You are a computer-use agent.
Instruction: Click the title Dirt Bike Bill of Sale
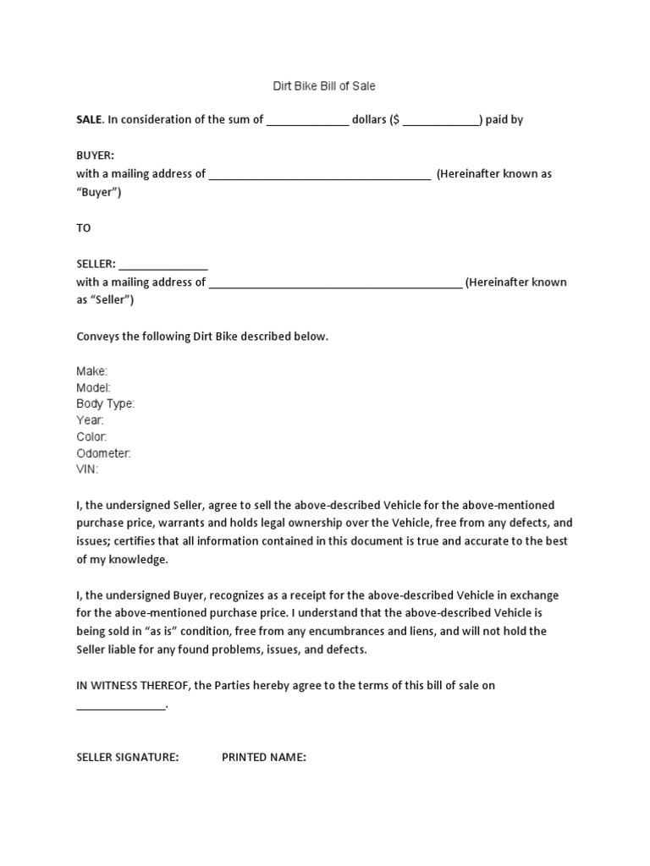coord(324,86)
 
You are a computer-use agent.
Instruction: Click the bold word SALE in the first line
coord(89,119)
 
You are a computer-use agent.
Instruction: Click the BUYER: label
coord(95,156)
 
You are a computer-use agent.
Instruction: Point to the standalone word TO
coord(84,228)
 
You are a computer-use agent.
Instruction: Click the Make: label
coord(91,371)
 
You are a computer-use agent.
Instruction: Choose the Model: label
coord(93,387)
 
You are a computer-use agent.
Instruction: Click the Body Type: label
coord(105,404)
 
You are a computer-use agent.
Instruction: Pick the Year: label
coord(90,420)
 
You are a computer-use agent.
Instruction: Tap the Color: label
coord(91,436)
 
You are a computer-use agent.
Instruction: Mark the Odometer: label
coord(103,453)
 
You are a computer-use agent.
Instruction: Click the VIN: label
coord(87,469)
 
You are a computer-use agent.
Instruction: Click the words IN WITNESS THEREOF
coord(133,686)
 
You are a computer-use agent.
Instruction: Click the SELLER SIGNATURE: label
coord(127,757)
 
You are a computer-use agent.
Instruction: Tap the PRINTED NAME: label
coord(263,757)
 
